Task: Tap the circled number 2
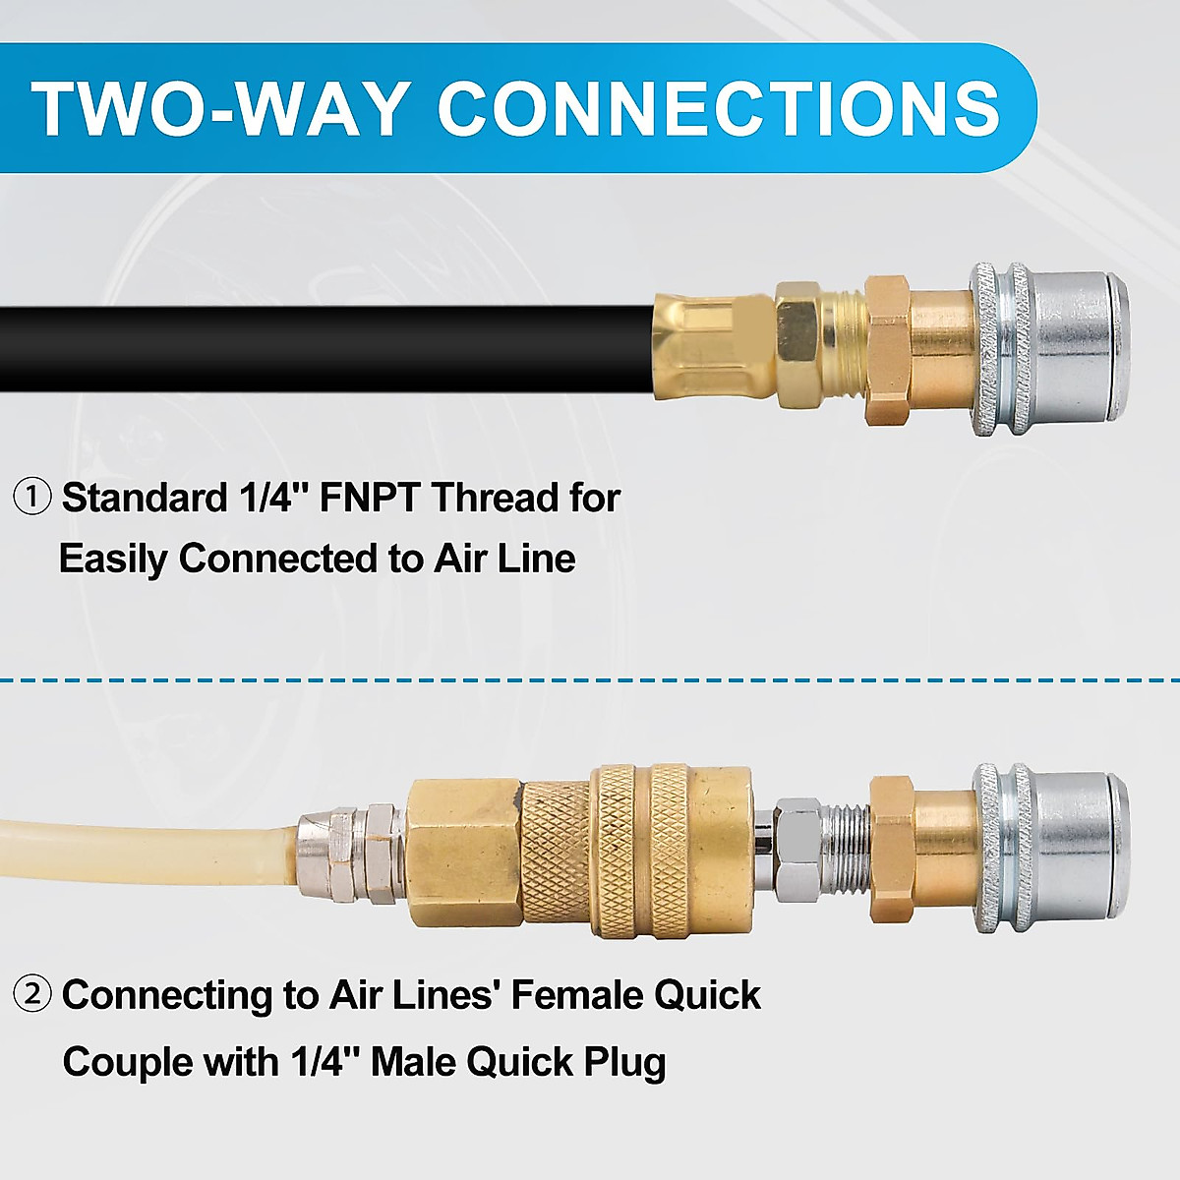[x=31, y=995]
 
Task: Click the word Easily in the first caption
[x=114, y=559]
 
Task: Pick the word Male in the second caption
[x=413, y=1062]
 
